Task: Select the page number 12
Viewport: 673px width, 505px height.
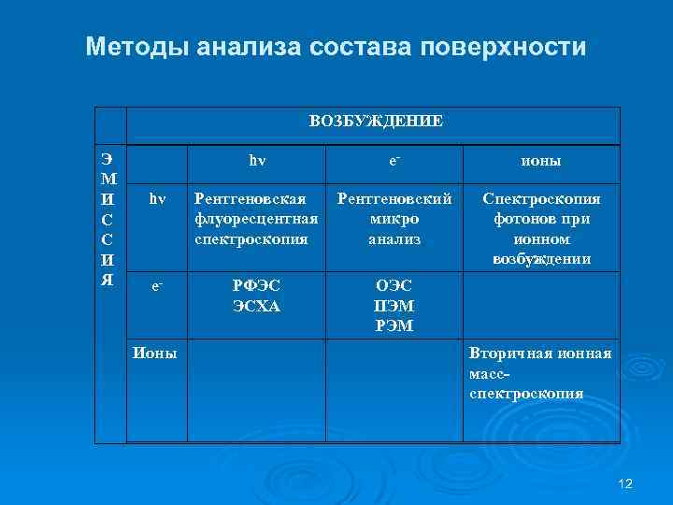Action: (626, 483)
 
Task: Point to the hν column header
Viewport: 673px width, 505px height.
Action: (257, 161)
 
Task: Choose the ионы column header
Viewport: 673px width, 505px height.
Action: (541, 161)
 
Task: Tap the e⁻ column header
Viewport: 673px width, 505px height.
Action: (394, 161)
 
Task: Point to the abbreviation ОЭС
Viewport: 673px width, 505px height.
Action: (394, 286)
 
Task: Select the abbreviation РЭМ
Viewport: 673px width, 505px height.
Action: (394, 325)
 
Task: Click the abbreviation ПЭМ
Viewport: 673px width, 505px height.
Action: (394, 305)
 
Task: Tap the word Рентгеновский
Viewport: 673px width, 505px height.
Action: (394, 199)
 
